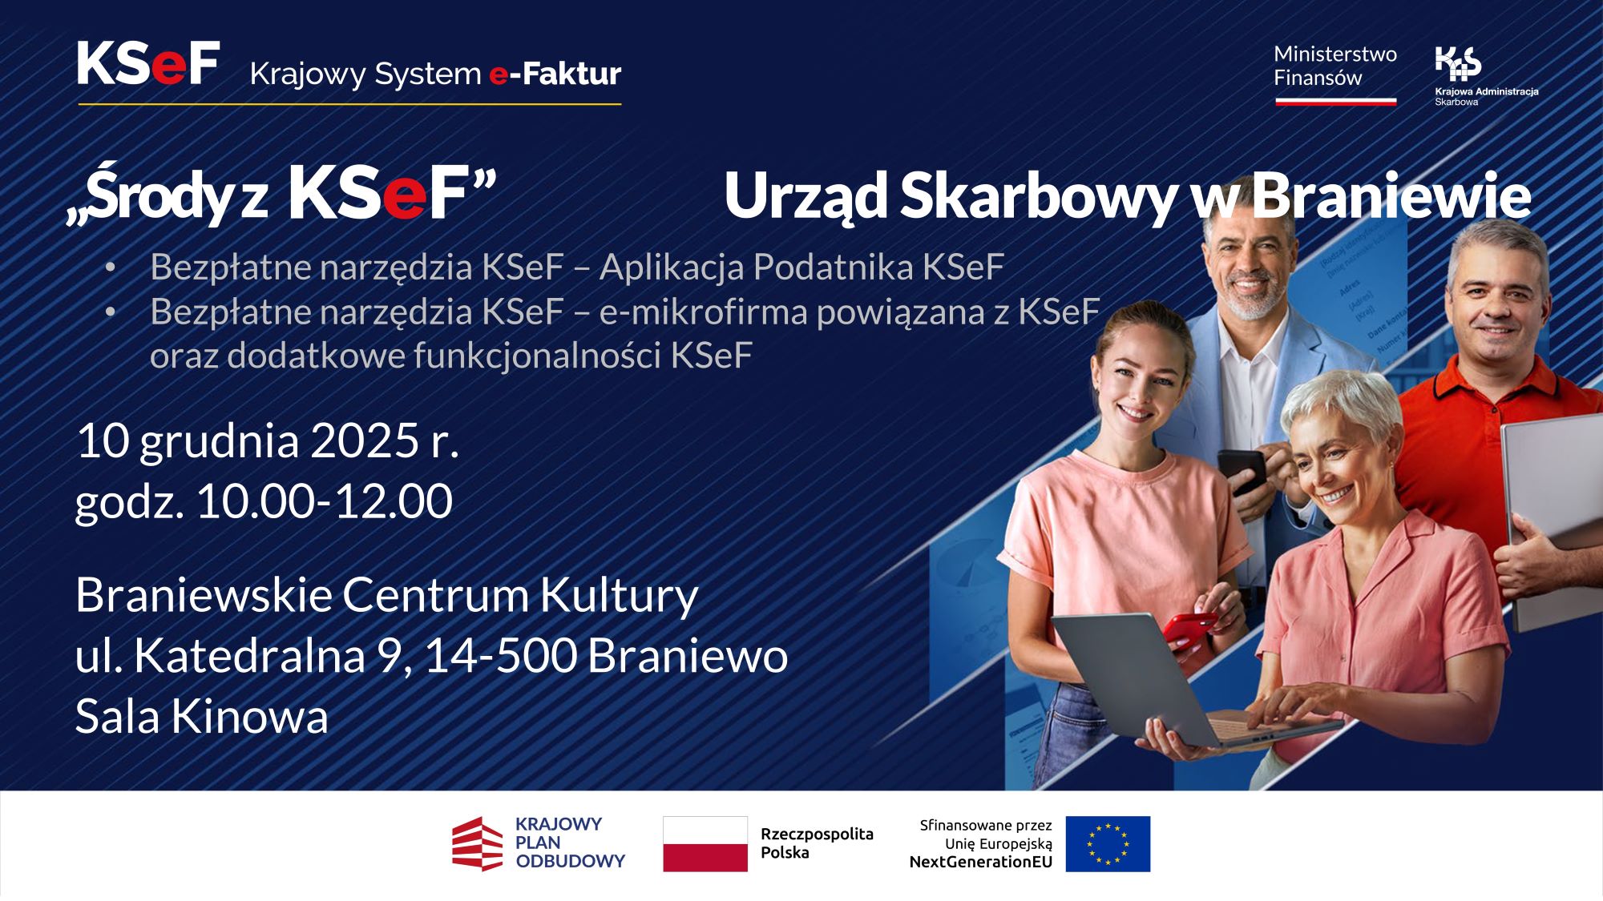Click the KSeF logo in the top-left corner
[x=148, y=64]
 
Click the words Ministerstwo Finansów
[x=1334, y=66]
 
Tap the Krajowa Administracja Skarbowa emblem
[x=1458, y=64]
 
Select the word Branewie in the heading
[x=1391, y=195]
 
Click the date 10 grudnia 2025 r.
[x=267, y=440]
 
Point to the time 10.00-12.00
[x=324, y=501]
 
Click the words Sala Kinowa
[x=201, y=716]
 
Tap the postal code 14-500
[x=500, y=656]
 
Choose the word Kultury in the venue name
[x=619, y=596]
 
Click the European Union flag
[x=1108, y=844]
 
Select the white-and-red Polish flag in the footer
[x=705, y=844]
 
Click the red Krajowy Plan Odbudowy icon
[x=478, y=844]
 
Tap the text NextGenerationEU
[x=980, y=863]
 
